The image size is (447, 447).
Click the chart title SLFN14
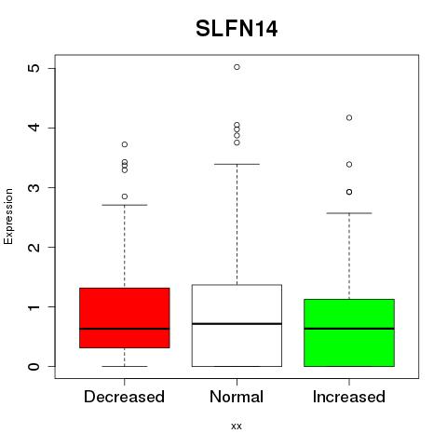pyautogui.click(x=237, y=29)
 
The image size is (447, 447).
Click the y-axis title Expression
pyautogui.click(x=8, y=216)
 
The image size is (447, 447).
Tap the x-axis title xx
pyautogui.click(x=237, y=426)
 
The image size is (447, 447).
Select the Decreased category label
pyautogui.click(x=124, y=397)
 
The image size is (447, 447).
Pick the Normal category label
pyautogui.click(x=237, y=397)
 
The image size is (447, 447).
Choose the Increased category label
pyautogui.click(x=349, y=397)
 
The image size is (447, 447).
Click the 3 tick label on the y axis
pyautogui.click(x=34, y=187)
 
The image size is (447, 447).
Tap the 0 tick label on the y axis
pyautogui.click(x=34, y=366)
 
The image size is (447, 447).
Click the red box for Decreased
pyautogui.click(x=125, y=318)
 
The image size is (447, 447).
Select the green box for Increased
pyautogui.click(x=349, y=332)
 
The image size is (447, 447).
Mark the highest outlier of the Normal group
pyautogui.click(x=237, y=67)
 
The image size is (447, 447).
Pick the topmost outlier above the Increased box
pyautogui.click(x=349, y=117)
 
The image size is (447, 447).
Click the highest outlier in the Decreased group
pyautogui.click(x=125, y=144)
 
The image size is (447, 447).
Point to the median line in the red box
pyautogui.click(x=125, y=329)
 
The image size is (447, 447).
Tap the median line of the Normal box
pyautogui.click(x=237, y=324)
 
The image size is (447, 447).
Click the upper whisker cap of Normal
pyautogui.click(x=237, y=164)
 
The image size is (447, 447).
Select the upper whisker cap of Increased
pyautogui.click(x=349, y=213)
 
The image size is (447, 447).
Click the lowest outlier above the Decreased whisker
pyautogui.click(x=125, y=196)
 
